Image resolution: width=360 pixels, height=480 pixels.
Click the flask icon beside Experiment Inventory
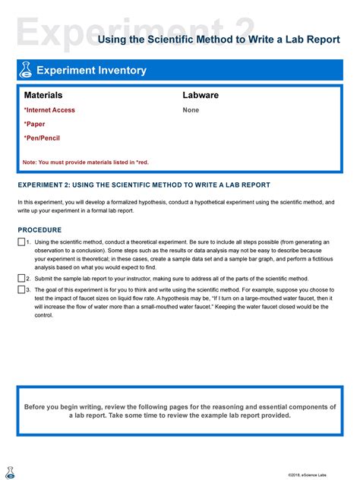point(27,71)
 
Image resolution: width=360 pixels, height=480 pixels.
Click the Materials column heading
point(43,96)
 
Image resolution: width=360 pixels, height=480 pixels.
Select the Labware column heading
point(201,96)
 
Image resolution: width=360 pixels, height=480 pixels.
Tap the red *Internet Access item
point(49,110)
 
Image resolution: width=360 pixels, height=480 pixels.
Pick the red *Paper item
point(34,124)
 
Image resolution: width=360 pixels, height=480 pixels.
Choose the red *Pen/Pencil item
point(42,138)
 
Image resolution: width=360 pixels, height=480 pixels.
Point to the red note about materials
point(86,163)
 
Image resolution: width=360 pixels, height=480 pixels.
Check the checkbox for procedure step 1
point(21,242)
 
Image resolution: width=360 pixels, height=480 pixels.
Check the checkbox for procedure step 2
point(21,279)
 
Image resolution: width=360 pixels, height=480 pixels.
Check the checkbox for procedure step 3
point(21,289)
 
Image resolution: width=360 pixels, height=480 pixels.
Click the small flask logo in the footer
point(10,472)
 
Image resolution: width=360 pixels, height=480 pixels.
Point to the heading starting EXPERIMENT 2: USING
point(144,185)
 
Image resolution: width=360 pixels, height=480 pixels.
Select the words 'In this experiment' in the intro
point(45,203)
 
